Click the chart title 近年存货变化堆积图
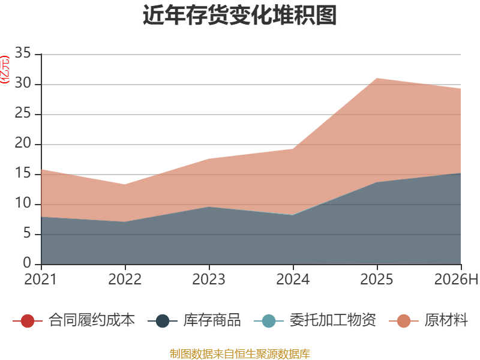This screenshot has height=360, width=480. (239, 15)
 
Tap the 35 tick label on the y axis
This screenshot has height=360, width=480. (23, 53)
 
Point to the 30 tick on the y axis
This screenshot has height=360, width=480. (23, 83)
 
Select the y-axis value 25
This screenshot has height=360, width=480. (23, 113)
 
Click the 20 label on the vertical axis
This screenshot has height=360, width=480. (23, 143)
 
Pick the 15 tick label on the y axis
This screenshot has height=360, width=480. (23, 173)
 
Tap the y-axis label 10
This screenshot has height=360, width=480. (23, 203)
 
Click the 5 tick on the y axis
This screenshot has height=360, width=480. (27, 233)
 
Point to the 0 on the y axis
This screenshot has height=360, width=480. (27, 263)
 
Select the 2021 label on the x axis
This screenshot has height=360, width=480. (41, 280)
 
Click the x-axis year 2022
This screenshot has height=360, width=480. (125, 280)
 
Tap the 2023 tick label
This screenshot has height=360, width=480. (209, 280)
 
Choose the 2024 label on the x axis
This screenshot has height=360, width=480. (293, 280)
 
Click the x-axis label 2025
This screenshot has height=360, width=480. (377, 280)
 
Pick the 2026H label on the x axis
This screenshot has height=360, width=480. (456, 280)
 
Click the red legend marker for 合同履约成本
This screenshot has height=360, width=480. (28, 321)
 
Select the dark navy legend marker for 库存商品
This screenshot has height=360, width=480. (162, 321)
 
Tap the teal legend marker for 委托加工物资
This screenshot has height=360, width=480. (268, 321)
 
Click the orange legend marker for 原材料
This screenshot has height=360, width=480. (403, 321)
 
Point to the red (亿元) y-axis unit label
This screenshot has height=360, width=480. (5, 70)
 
